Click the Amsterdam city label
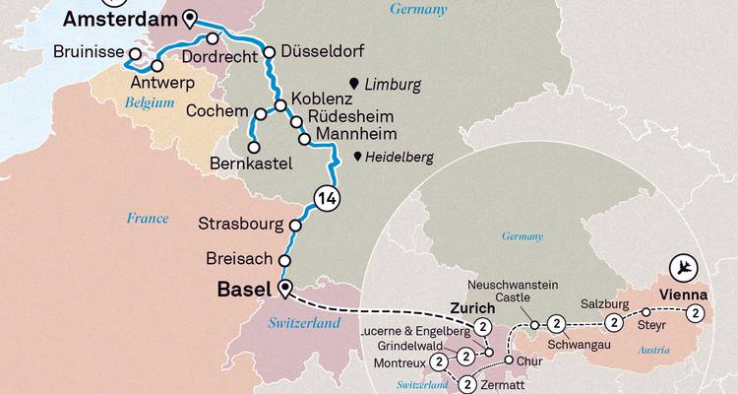click(x=120, y=19)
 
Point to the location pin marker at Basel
click(x=285, y=289)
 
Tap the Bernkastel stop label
click(x=251, y=165)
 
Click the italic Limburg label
click(x=391, y=85)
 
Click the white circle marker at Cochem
click(x=261, y=112)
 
